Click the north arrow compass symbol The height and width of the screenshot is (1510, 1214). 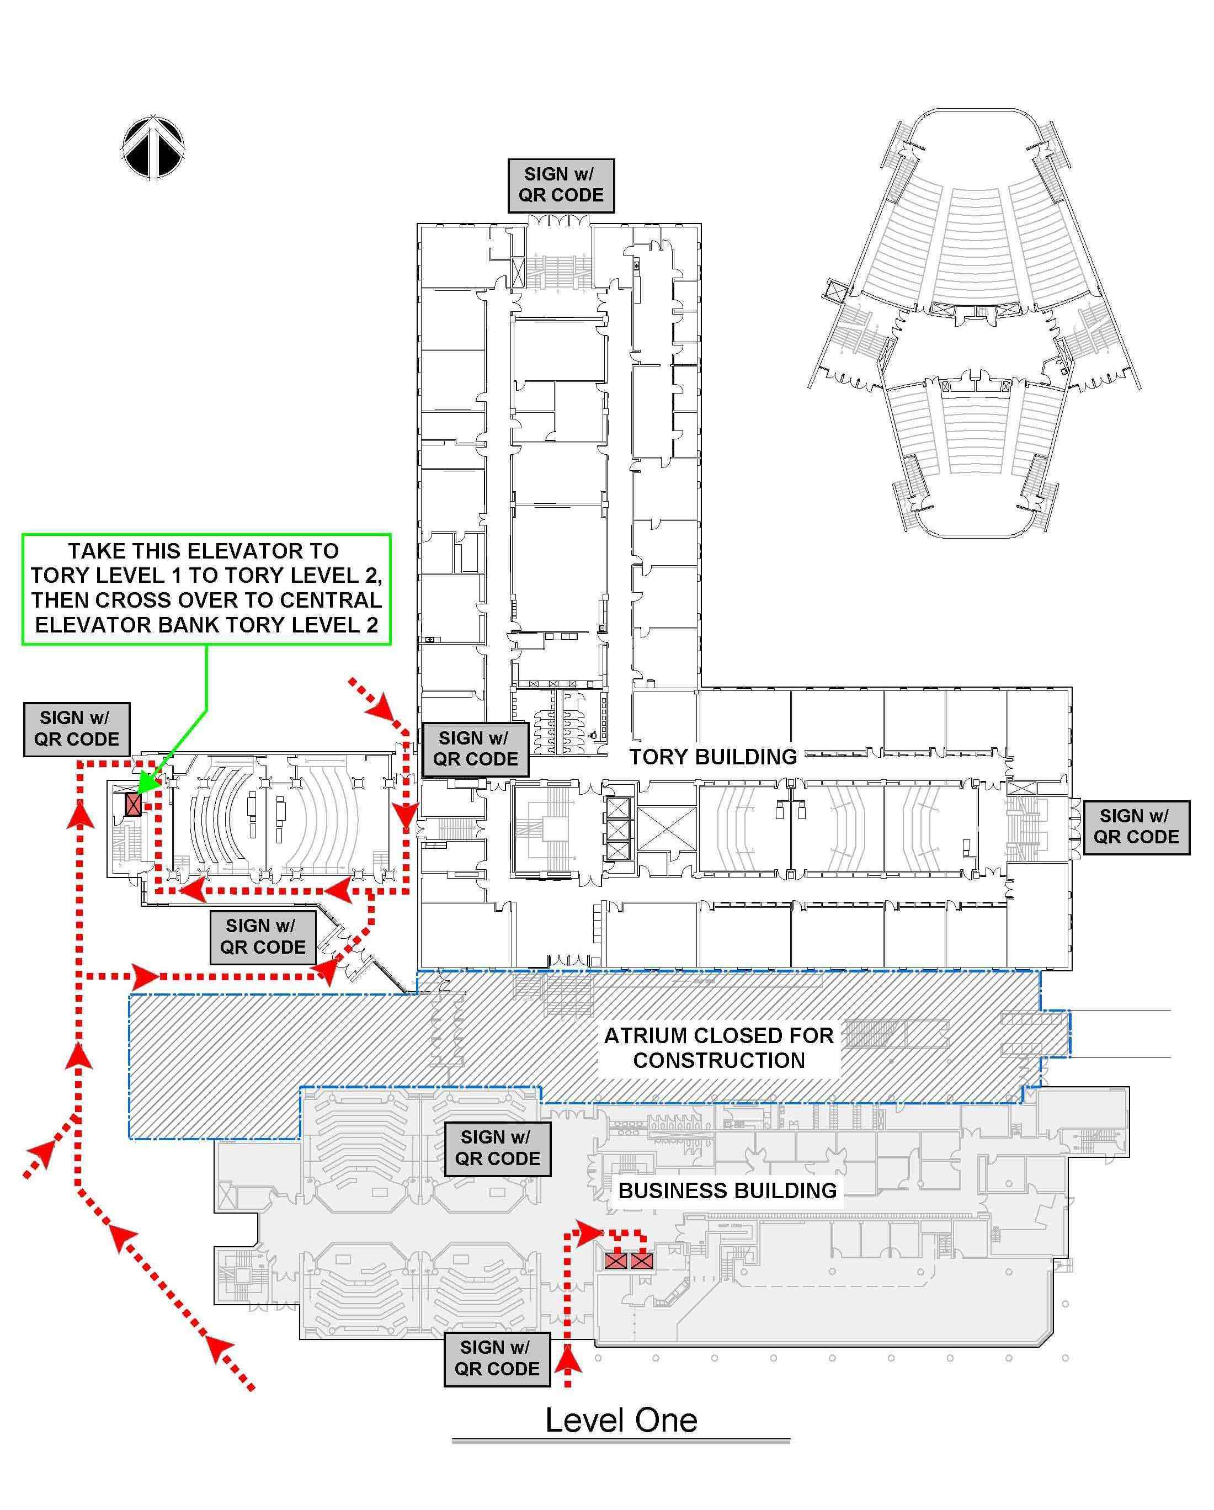pos(153,147)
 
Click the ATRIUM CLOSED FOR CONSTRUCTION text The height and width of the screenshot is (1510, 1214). pos(718,1047)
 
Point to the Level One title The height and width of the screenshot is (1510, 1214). pos(621,1421)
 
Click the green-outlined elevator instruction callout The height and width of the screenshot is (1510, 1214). pos(206,588)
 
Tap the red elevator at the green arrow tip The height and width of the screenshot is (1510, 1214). pos(132,804)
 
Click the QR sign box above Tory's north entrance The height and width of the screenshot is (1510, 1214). pos(561,185)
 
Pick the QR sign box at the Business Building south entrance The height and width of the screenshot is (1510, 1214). pos(497,1358)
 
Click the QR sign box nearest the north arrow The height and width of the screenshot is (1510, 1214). pos(76,729)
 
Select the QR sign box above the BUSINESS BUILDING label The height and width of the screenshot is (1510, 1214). pos(497,1148)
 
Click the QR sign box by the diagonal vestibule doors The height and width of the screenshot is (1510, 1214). pos(263,937)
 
